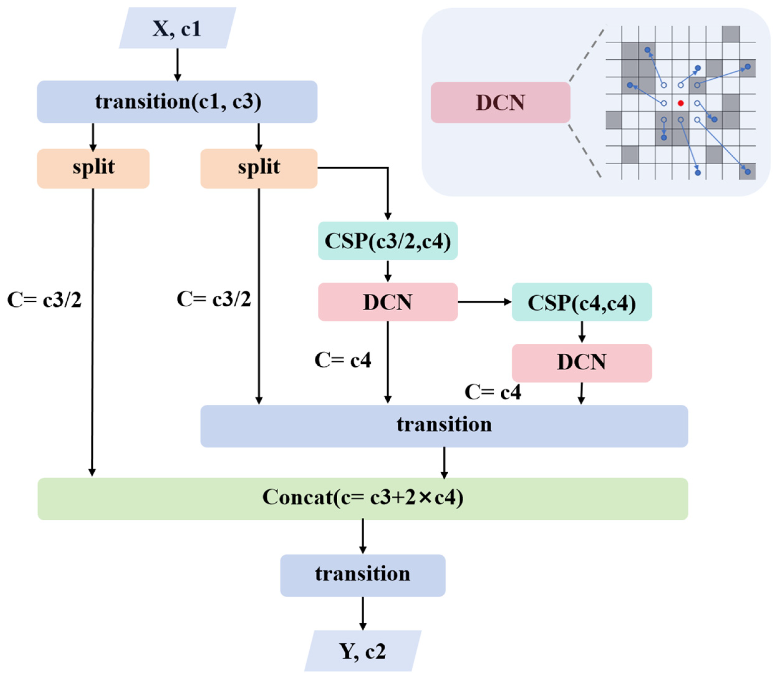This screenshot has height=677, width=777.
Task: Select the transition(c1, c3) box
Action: click(x=177, y=102)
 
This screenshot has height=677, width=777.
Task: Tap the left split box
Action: click(x=93, y=169)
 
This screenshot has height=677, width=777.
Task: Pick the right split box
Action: click(x=259, y=169)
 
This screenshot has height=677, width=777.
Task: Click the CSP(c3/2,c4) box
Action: click(x=388, y=241)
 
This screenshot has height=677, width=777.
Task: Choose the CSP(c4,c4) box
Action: click(x=582, y=302)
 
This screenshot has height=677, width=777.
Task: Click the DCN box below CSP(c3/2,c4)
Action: click(x=388, y=302)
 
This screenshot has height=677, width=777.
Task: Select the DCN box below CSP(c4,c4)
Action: click(x=582, y=363)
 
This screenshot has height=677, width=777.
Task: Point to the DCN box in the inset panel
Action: click(x=500, y=102)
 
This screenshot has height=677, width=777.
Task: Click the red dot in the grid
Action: click(x=681, y=103)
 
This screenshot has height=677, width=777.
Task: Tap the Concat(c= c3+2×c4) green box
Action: click(x=363, y=499)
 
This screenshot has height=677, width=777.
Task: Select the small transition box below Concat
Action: click(x=363, y=575)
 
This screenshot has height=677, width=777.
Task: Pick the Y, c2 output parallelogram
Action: click(x=363, y=651)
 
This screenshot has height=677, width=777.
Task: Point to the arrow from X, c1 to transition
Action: click(x=177, y=64)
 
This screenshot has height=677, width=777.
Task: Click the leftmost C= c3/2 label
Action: click(x=44, y=300)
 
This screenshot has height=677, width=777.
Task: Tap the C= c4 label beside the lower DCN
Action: click(x=493, y=392)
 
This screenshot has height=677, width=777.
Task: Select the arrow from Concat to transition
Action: click(x=363, y=537)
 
